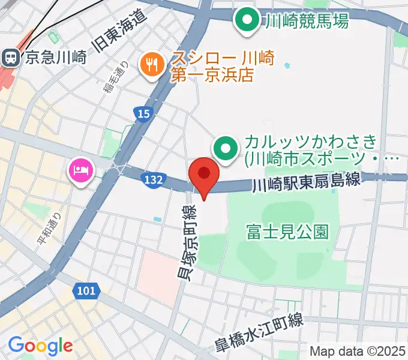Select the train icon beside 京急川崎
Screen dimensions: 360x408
click(10, 58)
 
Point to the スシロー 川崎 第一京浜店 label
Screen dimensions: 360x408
click(222, 67)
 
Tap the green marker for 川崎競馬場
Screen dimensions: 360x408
click(246, 22)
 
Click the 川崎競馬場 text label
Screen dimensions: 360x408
click(306, 22)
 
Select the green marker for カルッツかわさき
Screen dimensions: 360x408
click(227, 148)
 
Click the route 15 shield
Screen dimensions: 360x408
click(142, 114)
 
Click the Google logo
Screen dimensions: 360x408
click(40, 346)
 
